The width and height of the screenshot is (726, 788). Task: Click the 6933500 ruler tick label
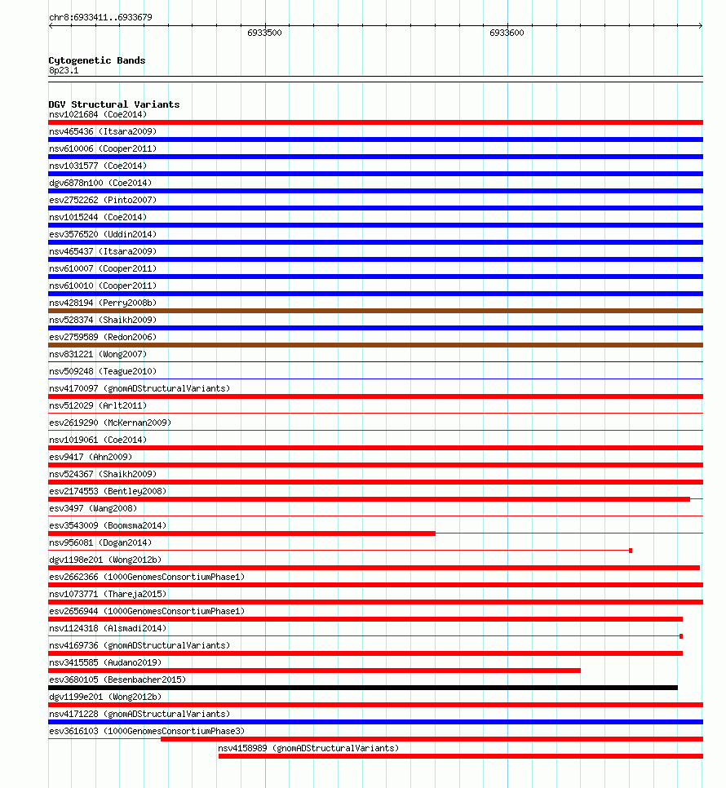tap(264, 33)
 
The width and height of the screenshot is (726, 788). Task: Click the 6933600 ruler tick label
tap(507, 33)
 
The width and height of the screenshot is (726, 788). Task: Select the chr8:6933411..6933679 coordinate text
tap(100, 17)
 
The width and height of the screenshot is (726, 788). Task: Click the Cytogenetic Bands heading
tap(96, 60)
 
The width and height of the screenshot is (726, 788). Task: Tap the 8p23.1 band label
tap(64, 70)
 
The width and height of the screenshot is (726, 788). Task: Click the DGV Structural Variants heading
tap(113, 104)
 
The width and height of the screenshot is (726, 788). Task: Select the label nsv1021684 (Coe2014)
tap(97, 114)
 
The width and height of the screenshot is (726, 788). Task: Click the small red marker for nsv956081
tap(631, 551)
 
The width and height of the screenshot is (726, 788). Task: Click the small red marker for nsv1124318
tap(681, 636)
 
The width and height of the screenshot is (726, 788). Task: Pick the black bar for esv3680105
tap(363, 688)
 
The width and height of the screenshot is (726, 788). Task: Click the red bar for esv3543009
tap(241, 533)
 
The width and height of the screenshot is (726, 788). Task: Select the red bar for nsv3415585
tap(314, 671)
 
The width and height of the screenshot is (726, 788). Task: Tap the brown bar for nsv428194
tap(375, 311)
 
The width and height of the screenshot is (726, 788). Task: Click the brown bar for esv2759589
tap(375, 345)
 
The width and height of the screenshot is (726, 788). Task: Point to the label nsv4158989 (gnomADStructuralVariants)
tap(308, 748)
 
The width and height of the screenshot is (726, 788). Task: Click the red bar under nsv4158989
tap(460, 756)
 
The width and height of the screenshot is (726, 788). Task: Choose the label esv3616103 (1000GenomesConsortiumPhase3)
tap(146, 731)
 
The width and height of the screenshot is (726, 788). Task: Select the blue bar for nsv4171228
tap(375, 722)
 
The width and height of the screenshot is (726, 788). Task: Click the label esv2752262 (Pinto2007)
tap(102, 200)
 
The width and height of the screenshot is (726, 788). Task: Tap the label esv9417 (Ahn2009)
tap(90, 457)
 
